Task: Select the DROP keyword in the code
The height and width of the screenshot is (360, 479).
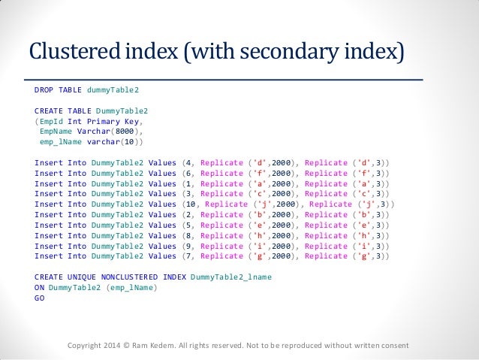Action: (44, 89)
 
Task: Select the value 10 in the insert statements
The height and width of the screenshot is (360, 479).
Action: (192, 204)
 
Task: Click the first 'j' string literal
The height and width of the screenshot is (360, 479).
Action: (257, 204)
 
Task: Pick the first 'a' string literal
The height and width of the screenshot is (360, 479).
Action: (252, 183)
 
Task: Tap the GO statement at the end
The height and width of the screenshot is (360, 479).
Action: (39, 298)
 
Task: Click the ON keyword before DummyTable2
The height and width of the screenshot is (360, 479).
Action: (39, 288)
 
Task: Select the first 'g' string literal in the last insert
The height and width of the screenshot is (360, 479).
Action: (252, 256)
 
